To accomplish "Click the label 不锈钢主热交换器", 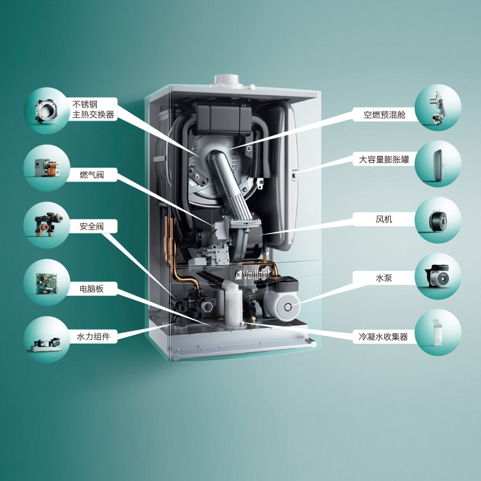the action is tap(93, 109).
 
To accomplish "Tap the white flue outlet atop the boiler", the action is tap(228, 79).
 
